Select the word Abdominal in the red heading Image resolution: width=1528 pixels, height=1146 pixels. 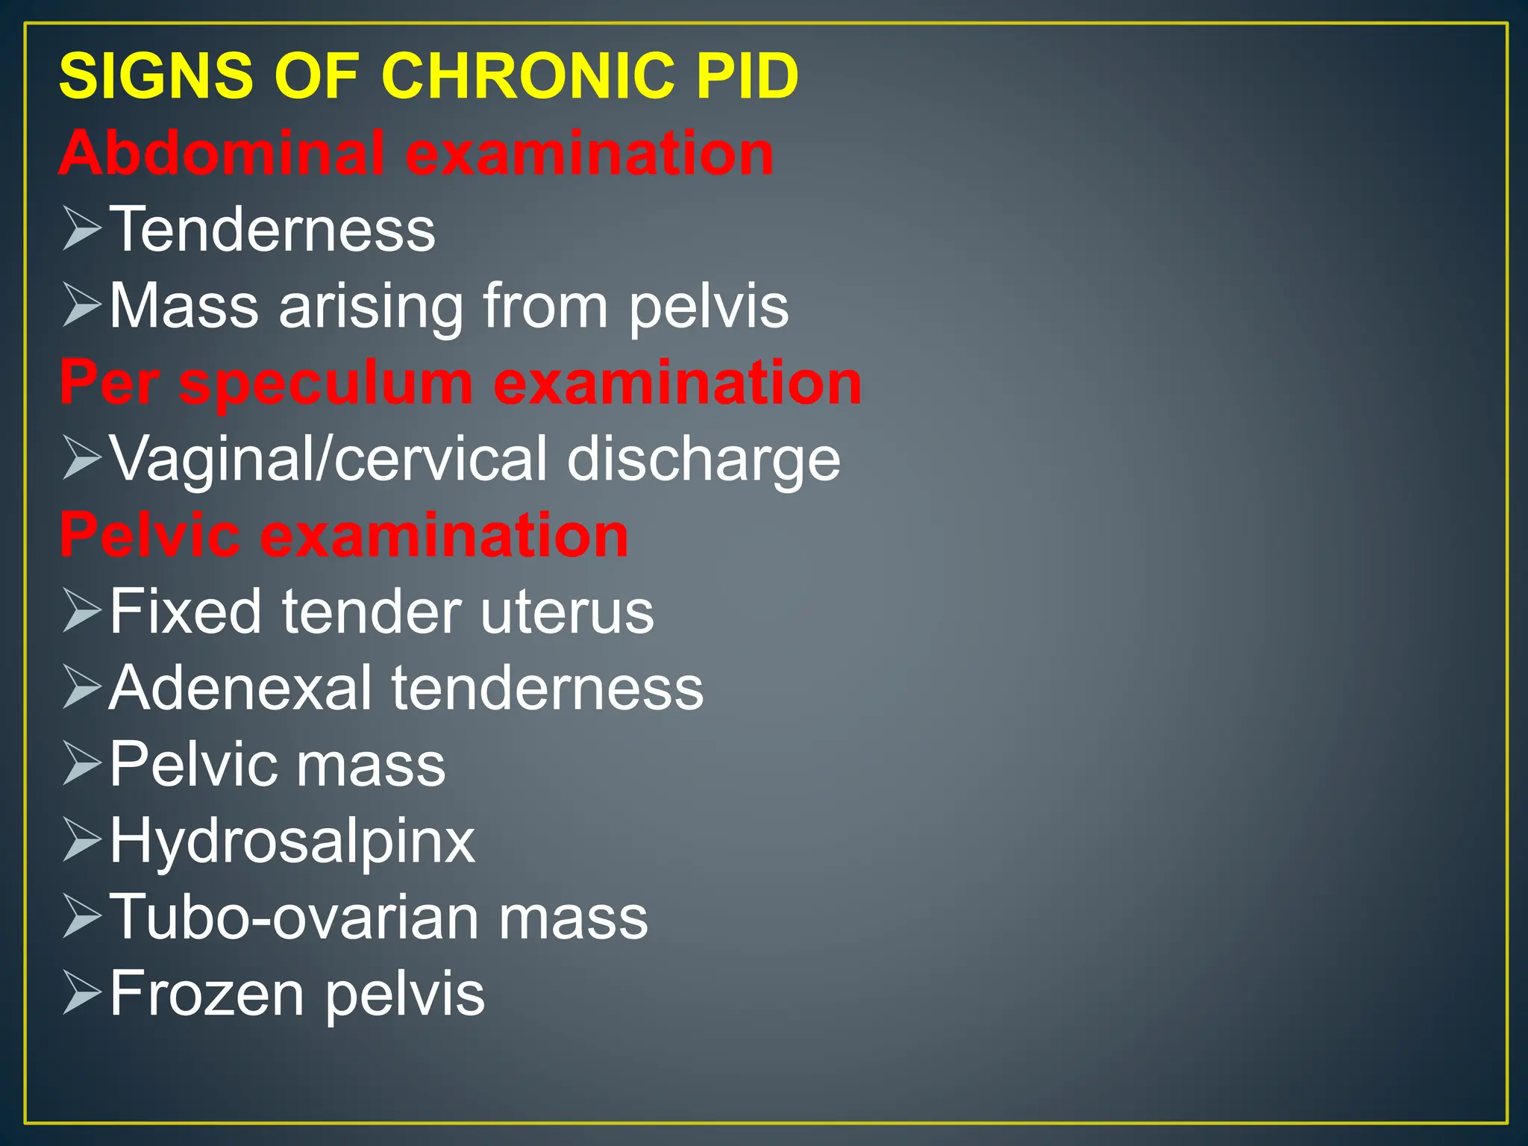(222, 153)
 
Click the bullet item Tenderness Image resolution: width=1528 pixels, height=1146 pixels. (272, 230)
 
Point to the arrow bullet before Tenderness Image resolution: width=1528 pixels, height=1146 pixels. (81, 229)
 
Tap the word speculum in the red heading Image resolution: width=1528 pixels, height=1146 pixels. (326, 383)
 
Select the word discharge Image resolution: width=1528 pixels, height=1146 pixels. (703, 460)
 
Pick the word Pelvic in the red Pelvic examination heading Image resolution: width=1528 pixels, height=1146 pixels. (149, 536)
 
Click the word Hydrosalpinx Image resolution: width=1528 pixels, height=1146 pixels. (292, 842)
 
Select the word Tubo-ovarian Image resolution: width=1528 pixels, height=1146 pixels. (293, 918)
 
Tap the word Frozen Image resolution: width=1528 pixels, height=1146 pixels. (207, 994)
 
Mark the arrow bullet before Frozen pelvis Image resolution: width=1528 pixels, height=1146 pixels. (81, 993)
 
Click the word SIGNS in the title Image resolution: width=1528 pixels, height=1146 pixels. (156, 76)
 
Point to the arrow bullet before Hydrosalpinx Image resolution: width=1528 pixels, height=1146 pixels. (81, 840)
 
